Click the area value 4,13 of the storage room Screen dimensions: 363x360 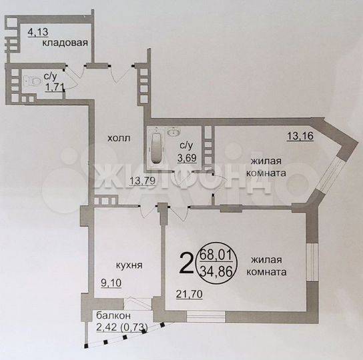[38, 32]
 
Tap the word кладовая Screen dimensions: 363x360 [65, 43]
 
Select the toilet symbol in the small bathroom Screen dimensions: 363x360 [34, 81]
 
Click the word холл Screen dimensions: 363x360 [119, 139]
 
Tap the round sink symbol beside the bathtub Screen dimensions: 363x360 [173, 133]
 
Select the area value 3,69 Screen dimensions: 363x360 [187, 158]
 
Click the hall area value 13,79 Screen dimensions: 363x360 [142, 181]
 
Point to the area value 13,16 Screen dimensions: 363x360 [300, 136]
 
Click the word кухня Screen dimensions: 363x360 [129, 265]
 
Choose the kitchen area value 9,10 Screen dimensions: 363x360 [111, 283]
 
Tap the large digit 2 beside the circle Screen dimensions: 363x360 [186, 263]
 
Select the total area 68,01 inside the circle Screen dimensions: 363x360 [216, 255]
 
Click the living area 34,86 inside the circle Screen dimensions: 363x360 [216, 271]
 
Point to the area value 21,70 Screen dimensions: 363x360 [190, 294]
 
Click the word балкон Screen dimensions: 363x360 [113, 315]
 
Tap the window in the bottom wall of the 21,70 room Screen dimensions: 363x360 [206, 317]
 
